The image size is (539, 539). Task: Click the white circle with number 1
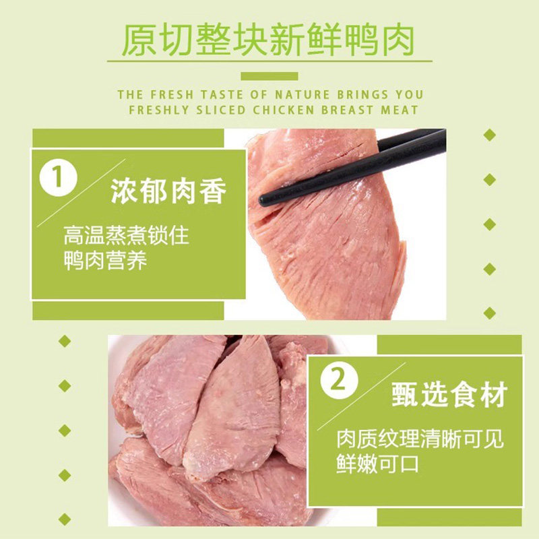[x=59, y=178]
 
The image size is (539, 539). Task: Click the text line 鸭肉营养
[x=105, y=261]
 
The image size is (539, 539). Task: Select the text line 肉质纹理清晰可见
[x=420, y=439]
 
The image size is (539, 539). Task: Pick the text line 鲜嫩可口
[x=377, y=464]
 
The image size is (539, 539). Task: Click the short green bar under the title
[x=269, y=75]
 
